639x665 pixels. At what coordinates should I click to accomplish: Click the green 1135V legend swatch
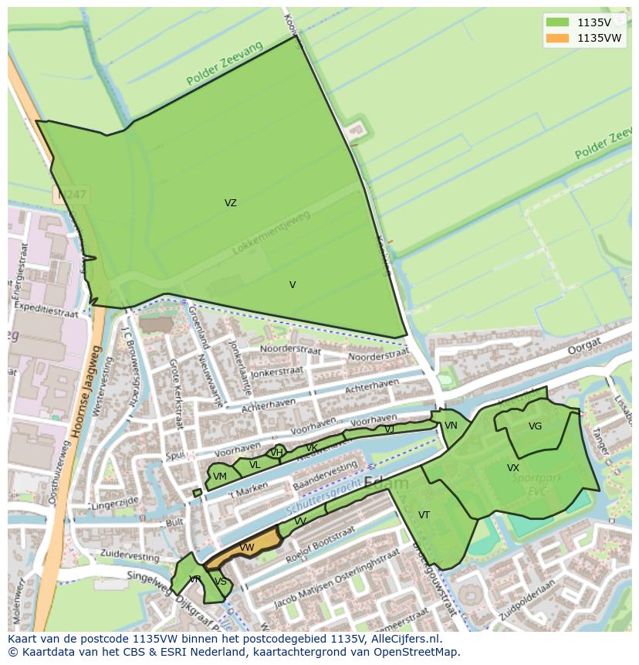tap(557, 22)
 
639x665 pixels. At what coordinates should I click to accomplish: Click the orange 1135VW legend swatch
tap(557, 38)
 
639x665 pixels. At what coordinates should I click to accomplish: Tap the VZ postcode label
tap(231, 203)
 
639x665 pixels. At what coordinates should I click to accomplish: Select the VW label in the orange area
tap(247, 548)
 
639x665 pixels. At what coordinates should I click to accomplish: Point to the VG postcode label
tap(535, 426)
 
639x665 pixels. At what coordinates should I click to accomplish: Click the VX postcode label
tap(513, 468)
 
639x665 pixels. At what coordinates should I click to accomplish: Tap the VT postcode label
tap(424, 515)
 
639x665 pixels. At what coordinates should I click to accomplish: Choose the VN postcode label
tap(451, 426)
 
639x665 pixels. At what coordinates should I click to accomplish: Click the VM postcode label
tap(220, 477)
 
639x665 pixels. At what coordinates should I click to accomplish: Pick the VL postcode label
tap(255, 465)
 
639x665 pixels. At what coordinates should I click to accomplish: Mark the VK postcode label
tap(311, 448)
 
